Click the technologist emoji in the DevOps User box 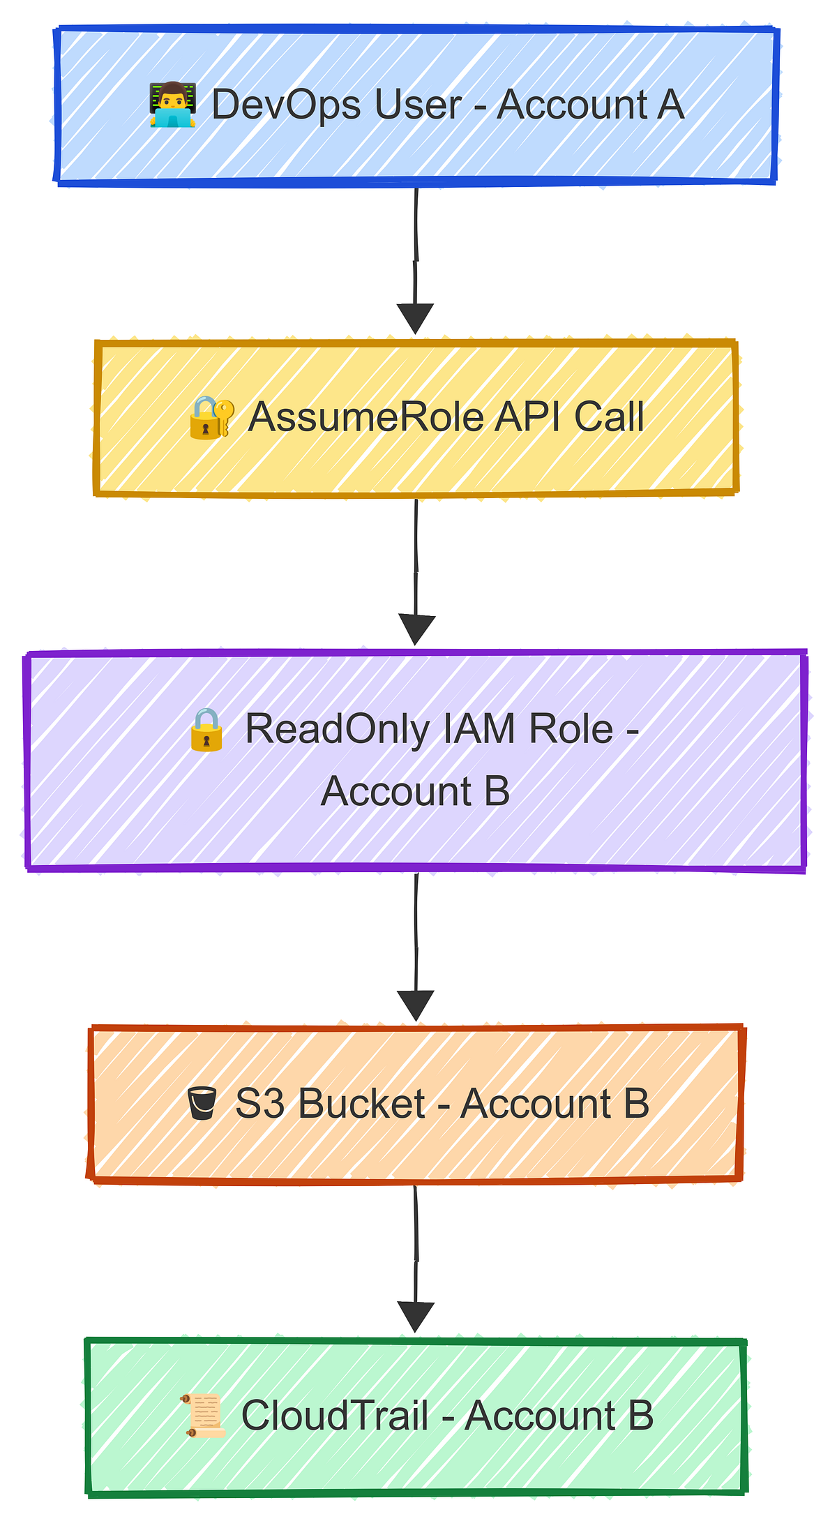[172, 105]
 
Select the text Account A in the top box [590, 105]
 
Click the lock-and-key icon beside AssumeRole [211, 417]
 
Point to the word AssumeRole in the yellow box [366, 417]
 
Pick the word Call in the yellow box [609, 417]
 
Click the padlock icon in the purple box [206, 730]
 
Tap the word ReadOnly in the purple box [338, 730]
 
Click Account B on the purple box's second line [416, 792]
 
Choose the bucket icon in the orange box [202, 1104]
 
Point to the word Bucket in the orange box [361, 1104]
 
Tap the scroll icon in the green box [204, 1416]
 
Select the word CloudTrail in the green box [335, 1416]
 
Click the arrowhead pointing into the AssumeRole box [416, 317]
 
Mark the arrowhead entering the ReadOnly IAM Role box [416, 629]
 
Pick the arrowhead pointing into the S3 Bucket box [416, 1004]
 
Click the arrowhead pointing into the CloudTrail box [416, 1316]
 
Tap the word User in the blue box [418, 105]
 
